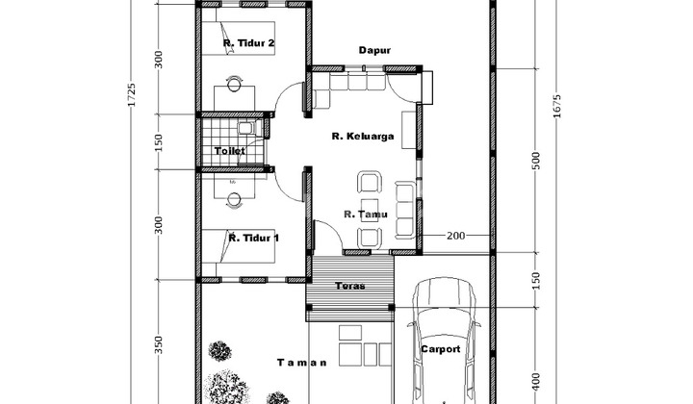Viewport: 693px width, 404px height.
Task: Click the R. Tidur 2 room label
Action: tap(249, 43)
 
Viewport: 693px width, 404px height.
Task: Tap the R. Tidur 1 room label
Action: tap(254, 238)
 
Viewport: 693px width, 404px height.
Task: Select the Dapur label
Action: tap(374, 50)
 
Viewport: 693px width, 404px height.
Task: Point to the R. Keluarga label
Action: tap(363, 136)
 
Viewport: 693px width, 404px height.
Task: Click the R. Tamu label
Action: tap(366, 215)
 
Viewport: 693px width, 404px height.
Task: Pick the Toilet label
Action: tap(230, 151)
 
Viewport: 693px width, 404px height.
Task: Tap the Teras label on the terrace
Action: tap(350, 286)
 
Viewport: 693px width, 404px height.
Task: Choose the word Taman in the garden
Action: tap(302, 363)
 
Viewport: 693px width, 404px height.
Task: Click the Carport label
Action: tap(441, 349)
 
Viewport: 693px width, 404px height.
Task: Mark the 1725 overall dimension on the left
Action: tap(131, 94)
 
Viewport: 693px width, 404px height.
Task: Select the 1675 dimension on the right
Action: tap(556, 106)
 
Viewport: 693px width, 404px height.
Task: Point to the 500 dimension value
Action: tap(536, 161)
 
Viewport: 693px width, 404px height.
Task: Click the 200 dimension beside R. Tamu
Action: tap(455, 236)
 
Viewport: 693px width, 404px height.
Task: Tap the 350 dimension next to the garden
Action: tap(159, 344)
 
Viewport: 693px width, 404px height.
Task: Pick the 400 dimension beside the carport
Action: tap(535, 382)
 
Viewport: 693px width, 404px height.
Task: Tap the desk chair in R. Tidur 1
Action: tap(234, 200)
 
